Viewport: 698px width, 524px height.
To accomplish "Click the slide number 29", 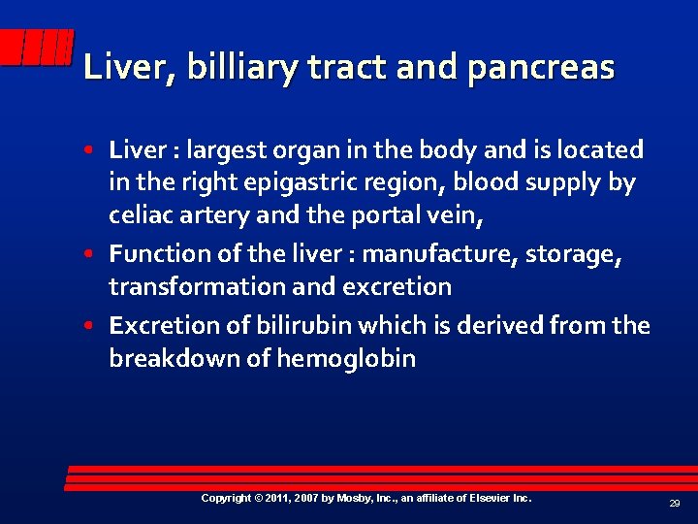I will pos(674,504).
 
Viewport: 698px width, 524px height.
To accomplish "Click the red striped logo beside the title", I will pos(37,47).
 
